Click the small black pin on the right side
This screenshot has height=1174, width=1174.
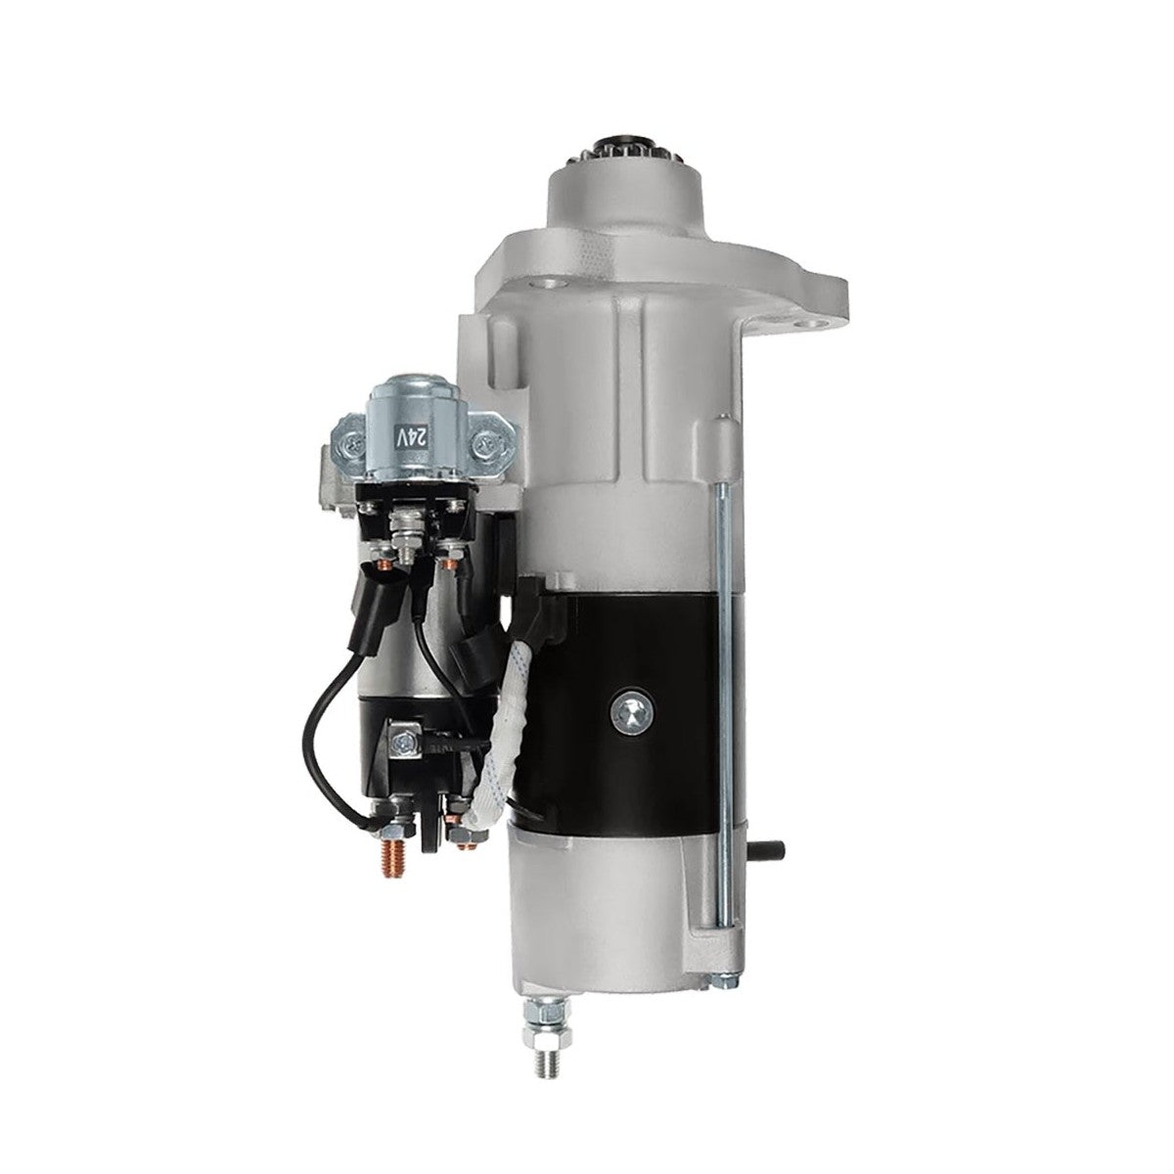tap(769, 848)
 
